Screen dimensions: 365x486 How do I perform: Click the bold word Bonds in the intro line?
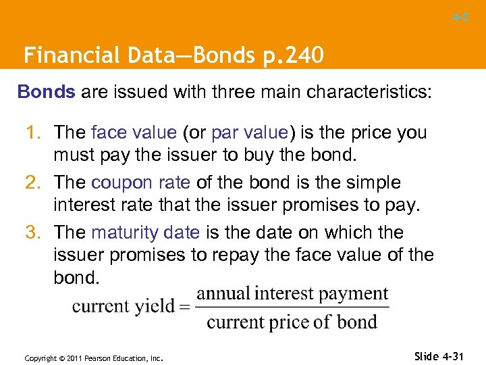(x=47, y=92)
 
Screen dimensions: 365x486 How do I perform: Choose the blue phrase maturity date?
(x=145, y=233)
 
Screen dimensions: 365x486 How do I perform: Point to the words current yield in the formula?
(x=123, y=306)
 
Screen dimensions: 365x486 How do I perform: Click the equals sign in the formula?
(x=185, y=306)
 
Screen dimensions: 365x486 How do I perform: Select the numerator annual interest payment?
(x=292, y=294)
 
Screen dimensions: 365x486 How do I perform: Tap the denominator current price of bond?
(x=292, y=321)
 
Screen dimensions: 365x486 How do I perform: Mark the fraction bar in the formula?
(x=292, y=308)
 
